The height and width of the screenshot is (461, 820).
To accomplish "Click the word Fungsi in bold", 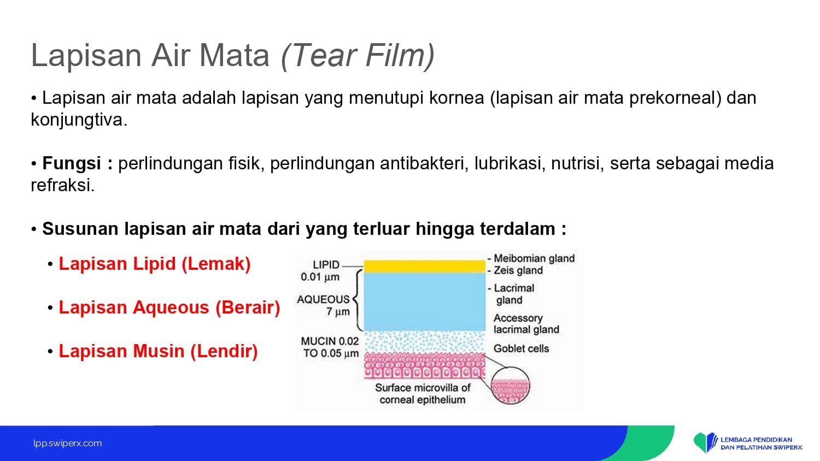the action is pyautogui.click(x=72, y=163).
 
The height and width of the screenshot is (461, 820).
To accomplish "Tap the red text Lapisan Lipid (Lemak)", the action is pyautogui.click(x=155, y=264).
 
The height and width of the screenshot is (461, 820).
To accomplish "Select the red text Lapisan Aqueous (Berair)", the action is pyautogui.click(x=169, y=308).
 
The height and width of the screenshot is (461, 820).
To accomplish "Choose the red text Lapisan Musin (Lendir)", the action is pyautogui.click(x=158, y=351).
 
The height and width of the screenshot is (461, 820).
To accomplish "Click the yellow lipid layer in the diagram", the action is pyautogui.click(x=425, y=267).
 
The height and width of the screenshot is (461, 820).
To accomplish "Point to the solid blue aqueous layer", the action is pyautogui.click(x=425, y=302).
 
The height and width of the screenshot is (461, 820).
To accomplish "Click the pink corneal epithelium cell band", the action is pyautogui.click(x=425, y=366).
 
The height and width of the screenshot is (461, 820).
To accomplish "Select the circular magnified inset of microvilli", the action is pyautogui.click(x=510, y=386).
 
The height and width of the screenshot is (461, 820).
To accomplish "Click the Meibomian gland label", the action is pyautogui.click(x=534, y=258).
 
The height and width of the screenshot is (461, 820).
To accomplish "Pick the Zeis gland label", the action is pyautogui.click(x=518, y=270).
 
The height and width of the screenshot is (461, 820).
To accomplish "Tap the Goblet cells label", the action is pyautogui.click(x=522, y=348).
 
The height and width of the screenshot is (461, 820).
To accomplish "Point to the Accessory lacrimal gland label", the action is pyautogui.click(x=526, y=324).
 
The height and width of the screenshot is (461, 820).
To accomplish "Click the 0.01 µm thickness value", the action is pyautogui.click(x=320, y=277).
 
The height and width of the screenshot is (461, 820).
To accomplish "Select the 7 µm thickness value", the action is pyautogui.click(x=338, y=312).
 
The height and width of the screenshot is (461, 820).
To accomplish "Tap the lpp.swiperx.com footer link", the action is pyautogui.click(x=68, y=444).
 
